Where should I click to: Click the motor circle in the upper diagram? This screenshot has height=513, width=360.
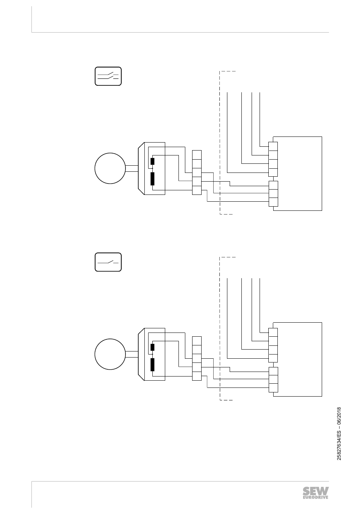110,168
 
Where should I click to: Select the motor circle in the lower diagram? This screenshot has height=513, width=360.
110,354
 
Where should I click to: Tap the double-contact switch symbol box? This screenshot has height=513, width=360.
108,76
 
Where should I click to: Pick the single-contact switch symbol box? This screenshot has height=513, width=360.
108,262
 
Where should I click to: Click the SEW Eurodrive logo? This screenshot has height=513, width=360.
315,493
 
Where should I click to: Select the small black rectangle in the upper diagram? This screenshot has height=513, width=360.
152,161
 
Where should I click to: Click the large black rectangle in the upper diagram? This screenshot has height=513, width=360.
152,178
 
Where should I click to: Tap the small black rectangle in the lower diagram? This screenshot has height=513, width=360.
152,347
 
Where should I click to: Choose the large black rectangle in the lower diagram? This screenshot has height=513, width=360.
152,364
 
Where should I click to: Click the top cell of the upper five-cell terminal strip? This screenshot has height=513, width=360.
197,155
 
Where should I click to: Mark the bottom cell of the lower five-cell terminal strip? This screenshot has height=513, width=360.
197,376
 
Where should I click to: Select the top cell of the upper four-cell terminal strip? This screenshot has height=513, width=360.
273,147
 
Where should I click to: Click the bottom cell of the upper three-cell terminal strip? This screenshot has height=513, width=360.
273,202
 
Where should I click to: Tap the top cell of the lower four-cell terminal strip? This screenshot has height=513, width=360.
273,333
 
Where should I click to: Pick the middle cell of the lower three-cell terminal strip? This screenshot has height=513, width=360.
273,379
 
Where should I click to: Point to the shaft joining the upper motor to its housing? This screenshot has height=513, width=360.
131,169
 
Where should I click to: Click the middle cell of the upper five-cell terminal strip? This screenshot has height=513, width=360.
197,173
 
